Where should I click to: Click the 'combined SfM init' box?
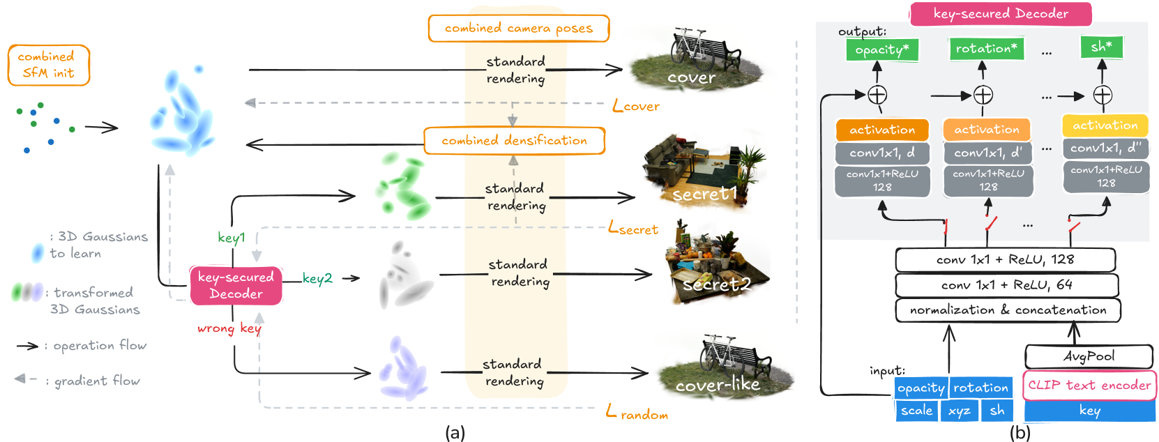49,66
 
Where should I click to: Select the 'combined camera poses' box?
518,29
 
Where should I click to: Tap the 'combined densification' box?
515,141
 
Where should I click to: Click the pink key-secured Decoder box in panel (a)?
236,285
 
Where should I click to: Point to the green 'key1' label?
231,238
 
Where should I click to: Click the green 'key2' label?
317,278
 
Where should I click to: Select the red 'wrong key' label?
229,328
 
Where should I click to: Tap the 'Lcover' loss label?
636,106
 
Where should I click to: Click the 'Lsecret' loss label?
633,228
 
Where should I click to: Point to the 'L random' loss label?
637,413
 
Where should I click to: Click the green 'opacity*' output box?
882,50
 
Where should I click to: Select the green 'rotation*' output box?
986,49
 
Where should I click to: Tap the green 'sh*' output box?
1102,47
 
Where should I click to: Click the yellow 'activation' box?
1105,125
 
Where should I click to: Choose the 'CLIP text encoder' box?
1090,386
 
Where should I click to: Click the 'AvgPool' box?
1089,357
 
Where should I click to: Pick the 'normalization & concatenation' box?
1008,310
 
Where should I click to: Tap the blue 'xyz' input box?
960,411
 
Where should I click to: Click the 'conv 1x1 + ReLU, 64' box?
1007,285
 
